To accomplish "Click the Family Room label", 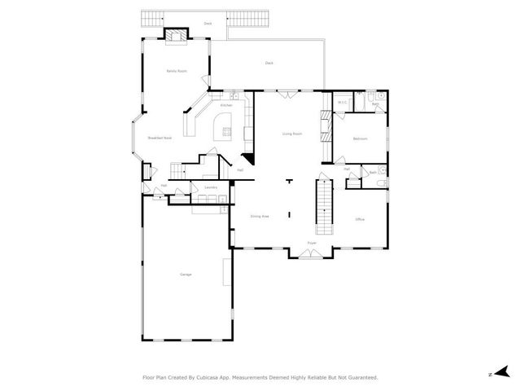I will click(177, 72).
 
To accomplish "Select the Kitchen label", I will click(226, 105).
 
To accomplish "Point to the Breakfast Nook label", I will click(160, 138).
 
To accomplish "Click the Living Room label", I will click(292, 134).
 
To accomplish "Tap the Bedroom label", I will click(360, 139).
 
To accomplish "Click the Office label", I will click(359, 220).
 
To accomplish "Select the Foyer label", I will click(311, 243).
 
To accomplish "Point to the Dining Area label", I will click(260, 216).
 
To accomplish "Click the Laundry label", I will click(211, 188).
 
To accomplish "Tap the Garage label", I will click(186, 275).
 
